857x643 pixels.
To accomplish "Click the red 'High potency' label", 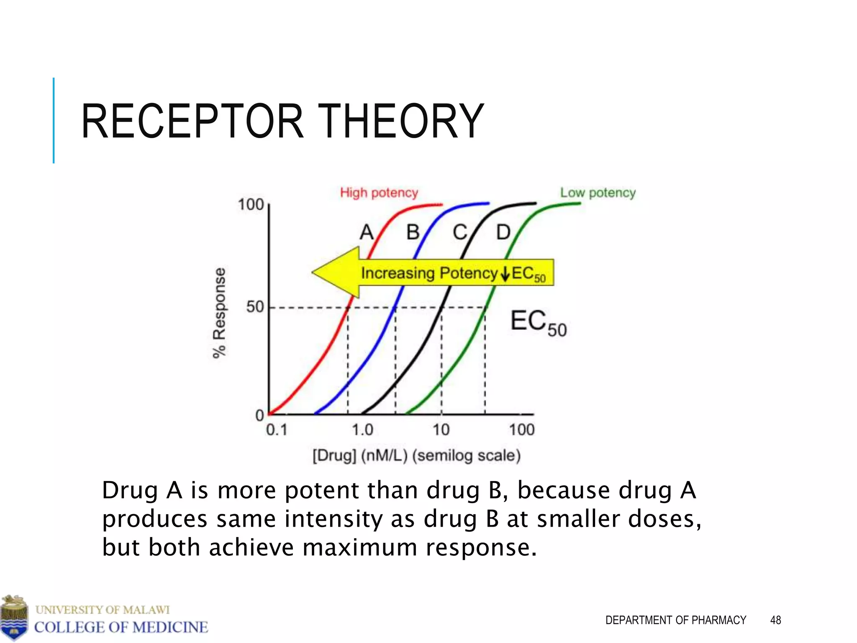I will (379, 193).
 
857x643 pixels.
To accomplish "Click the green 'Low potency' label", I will (598, 193).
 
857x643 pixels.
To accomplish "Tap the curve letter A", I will (367, 232).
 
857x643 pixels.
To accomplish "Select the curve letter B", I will (413, 232).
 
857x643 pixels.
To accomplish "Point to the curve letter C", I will (460, 232).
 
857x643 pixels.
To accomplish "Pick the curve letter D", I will (503, 232).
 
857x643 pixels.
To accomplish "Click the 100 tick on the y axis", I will (251, 205).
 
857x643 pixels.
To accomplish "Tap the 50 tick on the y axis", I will (255, 307).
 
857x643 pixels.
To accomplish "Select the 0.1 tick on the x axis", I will (277, 430).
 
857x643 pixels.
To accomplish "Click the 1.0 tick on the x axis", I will (362, 430).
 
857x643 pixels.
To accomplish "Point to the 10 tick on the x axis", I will (441, 430).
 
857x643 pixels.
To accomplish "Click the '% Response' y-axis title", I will (219, 313).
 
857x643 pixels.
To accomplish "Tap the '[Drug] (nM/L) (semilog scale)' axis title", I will (417, 455).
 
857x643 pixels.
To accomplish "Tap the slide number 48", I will (775, 620).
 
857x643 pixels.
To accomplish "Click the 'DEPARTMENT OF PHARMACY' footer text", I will (675, 620).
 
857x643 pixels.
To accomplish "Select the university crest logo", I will (14, 617).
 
